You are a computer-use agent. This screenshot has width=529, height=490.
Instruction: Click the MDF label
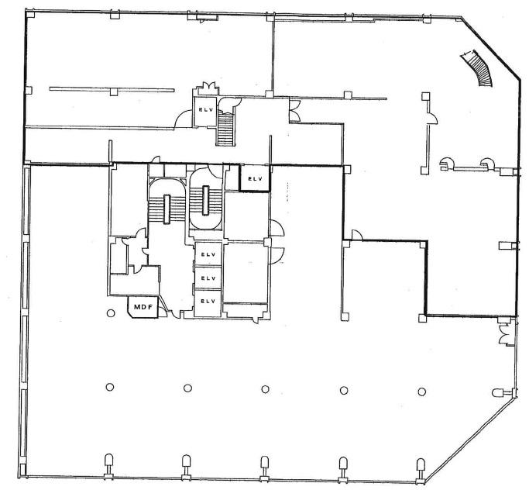143,307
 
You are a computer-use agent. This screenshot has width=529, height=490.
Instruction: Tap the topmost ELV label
206,109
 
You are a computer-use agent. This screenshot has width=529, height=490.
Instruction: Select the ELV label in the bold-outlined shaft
255,179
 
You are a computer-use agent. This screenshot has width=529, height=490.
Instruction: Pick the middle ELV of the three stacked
208,278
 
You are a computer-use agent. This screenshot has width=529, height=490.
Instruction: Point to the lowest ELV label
208,302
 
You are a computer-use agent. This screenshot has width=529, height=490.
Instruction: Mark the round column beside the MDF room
111,313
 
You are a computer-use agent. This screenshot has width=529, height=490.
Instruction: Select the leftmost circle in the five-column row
110,387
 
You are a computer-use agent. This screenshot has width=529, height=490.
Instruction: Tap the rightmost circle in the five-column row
421,392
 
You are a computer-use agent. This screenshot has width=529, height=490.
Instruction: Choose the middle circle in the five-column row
265,389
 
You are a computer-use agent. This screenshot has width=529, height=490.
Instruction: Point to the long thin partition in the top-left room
112,89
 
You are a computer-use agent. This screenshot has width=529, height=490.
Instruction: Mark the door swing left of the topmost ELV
184,119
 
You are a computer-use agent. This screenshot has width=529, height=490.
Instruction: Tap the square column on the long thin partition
114,91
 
